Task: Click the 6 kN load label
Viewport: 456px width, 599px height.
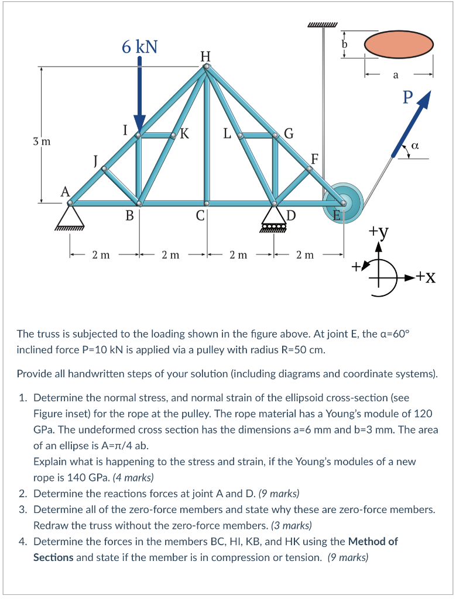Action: coord(139,46)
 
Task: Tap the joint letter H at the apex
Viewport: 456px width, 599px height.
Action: coord(205,56)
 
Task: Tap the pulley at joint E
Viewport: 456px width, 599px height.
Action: coord(343,204)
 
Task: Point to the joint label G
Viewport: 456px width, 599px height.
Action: coord(289,133)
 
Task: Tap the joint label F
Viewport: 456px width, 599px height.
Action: coord(315,159)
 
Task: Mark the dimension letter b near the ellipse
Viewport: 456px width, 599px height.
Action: coord(345,44)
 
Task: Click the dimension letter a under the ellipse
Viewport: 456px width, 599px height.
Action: coord(396,75)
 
